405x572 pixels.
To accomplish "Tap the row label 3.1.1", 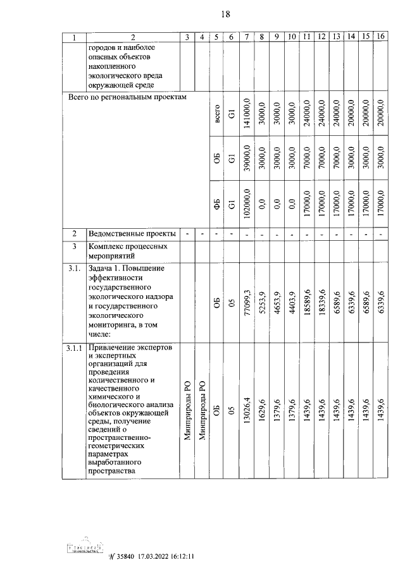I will click(x=75, y=349).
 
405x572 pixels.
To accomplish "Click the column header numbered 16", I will click(x=380, y=37).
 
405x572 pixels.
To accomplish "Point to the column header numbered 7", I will click(x=247, y=37).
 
